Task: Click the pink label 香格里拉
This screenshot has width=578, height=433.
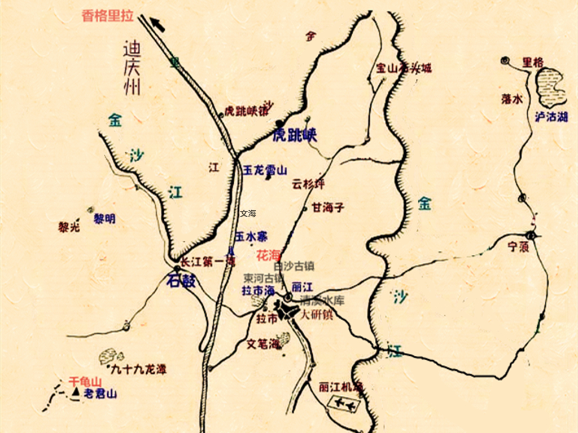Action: pyautogui.click(x=108, y=16)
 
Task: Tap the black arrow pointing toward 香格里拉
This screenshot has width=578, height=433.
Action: pyautogui.click(x=157, y=24)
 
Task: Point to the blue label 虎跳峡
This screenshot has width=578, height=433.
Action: pyautogui.click(x=295, y=135)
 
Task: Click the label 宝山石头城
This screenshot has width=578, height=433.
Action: pyautogui.click(x=404, y=69)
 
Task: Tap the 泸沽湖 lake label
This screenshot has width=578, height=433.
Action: pyautogui.click(x=551, y=117)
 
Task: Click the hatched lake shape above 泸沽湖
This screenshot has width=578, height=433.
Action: pyautogui.click(x=549, y=88)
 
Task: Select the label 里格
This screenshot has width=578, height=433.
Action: pyautogui.click(x=533, y=61)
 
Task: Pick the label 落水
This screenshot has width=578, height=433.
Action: pyautogui.click(x=511, y=99)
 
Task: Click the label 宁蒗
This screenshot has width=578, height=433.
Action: pyautogui.click(x=518, y=246)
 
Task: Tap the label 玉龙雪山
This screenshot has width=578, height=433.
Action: pyautogui.click(x=265, y=169)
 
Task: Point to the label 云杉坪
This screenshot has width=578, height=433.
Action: pyautogui.click(x=308, y=184)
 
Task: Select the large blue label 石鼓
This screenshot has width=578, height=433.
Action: pyautogui.click(x=181, y=281)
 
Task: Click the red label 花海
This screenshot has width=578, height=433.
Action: pyautogui.click(x=267, y=254)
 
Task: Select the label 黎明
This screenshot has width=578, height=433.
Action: pyautogui.click(x=104, y=219)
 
